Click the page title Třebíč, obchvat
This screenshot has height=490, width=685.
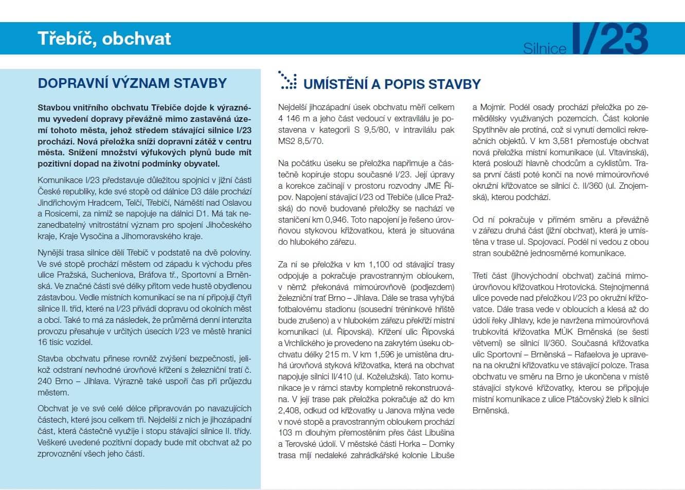[x=104, y=39]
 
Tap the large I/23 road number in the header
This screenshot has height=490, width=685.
[x=610, y=39]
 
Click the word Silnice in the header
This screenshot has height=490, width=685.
[x=545, y=48]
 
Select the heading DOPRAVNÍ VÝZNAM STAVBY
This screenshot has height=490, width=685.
[x=132, y=83]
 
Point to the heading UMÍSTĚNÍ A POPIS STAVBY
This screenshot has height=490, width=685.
[x=392, y=84]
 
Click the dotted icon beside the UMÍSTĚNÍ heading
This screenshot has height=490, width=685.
[x=287, y=81]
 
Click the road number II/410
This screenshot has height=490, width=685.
[x=338, y=377]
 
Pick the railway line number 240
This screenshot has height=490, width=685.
[x=45, y=381]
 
